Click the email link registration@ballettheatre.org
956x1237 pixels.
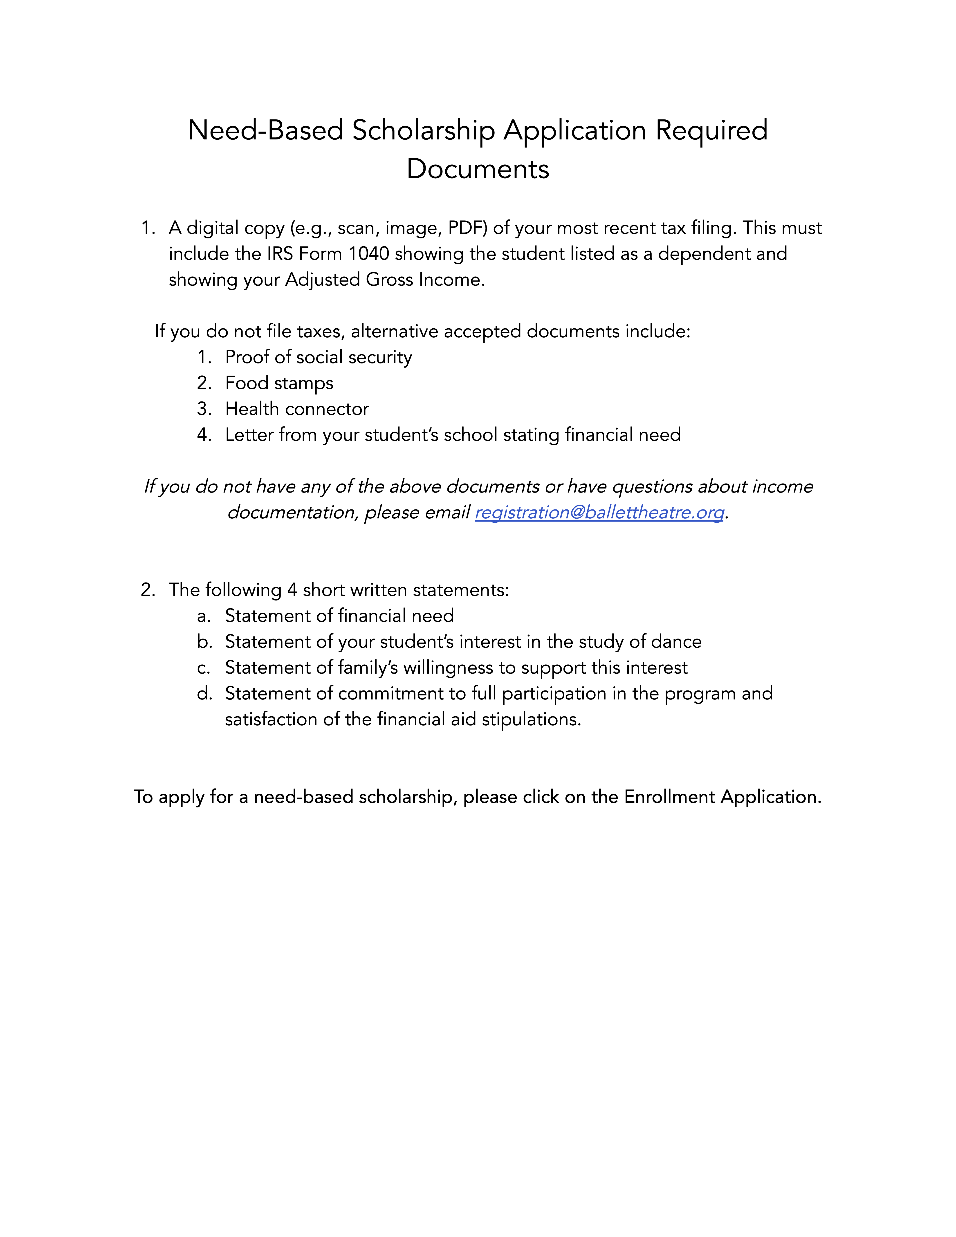click(x=599, y=513)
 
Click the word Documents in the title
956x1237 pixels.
click(x=478, y=169)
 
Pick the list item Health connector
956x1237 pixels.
click(x=297, y=409)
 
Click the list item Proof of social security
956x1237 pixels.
click(x=318, y=357)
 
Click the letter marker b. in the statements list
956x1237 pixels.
click(x=204, y=642)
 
